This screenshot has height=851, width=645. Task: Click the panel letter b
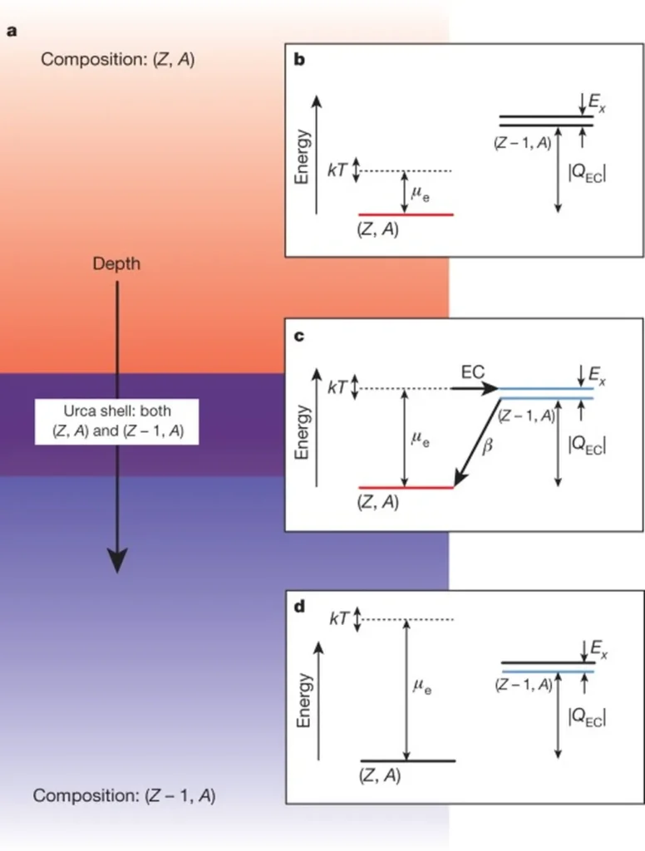point(300,59)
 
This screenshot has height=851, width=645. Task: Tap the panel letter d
point(300,607)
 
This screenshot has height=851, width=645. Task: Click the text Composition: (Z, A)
point(118,60)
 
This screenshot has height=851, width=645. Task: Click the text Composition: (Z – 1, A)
point(125,795)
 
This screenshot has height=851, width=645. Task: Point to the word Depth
point(116,264)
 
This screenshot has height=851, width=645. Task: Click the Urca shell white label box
point(116,422)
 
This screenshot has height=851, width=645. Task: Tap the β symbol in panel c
point(488,446)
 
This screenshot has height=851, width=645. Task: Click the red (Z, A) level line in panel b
point(406,214)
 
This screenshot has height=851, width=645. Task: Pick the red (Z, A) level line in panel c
point(406,487)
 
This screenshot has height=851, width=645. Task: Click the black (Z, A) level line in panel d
point(407,760)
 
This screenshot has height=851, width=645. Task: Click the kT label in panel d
point(338,619)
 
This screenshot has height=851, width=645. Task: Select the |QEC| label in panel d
point(587,716)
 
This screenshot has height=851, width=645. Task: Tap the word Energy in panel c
point(304,432)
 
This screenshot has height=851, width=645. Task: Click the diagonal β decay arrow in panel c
point(475,445)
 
